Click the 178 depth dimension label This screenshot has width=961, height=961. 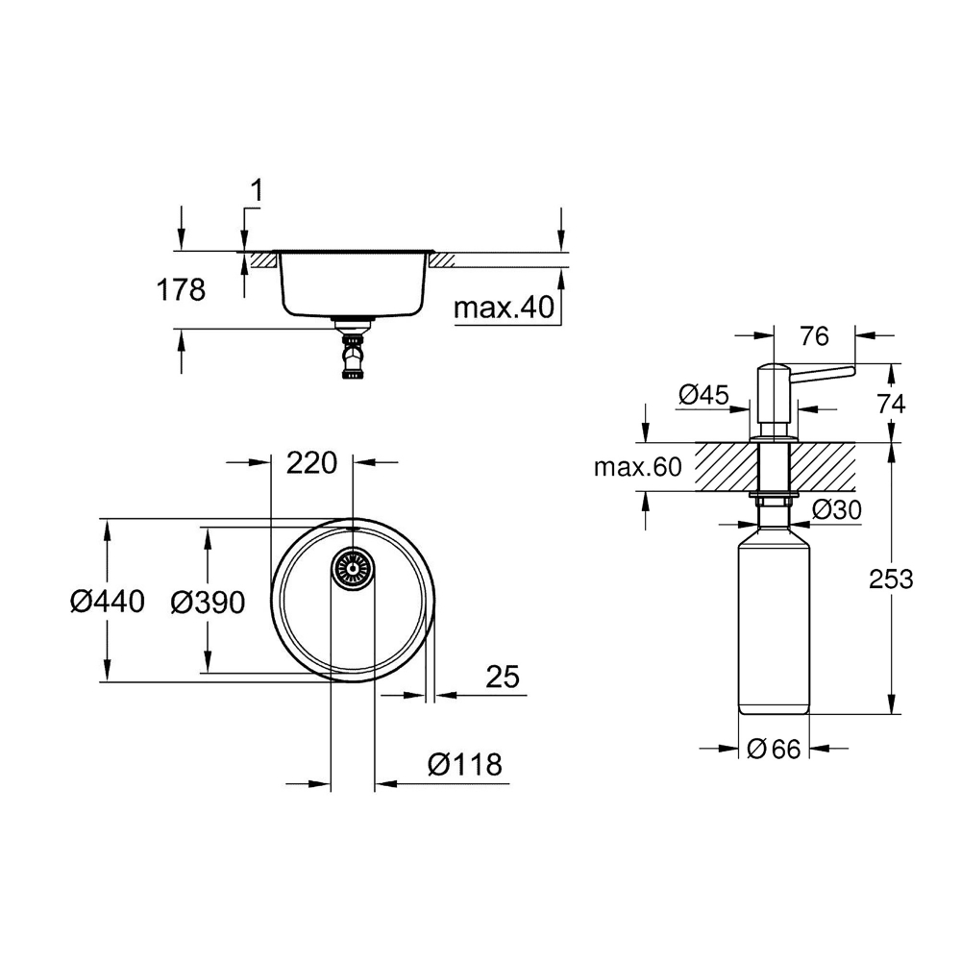[x=181, y=289]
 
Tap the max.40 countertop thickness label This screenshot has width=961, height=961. [x=504, y=308]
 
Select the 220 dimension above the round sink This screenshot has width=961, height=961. [x=312, y=463]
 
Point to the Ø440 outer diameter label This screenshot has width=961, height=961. [x=108, y=602]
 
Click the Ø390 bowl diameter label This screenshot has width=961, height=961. [x=208, y=603]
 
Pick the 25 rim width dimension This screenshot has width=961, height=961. [x=503, y=677]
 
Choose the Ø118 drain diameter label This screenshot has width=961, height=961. [x=465, y=764]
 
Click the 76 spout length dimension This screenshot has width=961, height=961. [x=815, y=335]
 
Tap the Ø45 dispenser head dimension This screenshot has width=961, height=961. [x=703, y=395]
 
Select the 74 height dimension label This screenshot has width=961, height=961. [x=891, y=404]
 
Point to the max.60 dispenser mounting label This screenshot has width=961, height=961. [x=637, y=468]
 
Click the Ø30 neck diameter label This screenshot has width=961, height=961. [x=837, y=509]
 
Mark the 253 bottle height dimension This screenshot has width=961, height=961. [x=891, y=579]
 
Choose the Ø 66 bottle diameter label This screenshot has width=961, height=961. [x=774, y=749]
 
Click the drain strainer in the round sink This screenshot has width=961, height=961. [x=353, y=569]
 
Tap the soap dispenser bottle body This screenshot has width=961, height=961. [x=774, y=619]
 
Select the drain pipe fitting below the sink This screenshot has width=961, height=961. [x=354, y=350]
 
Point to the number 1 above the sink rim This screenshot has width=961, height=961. [x=258, y=190]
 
